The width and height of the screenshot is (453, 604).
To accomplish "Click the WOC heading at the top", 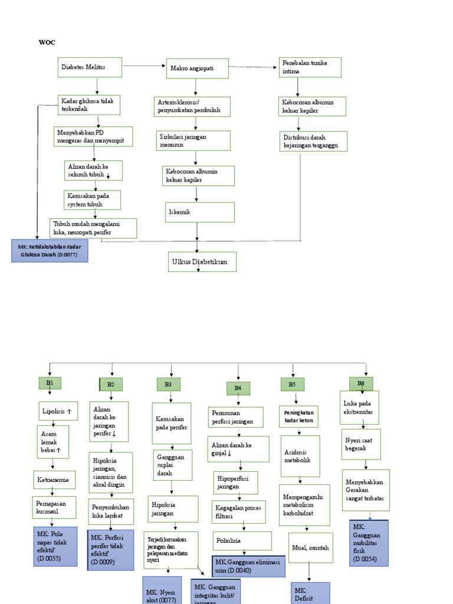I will [x=47, y=42].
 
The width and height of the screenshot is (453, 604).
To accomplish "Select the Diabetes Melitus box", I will [x=90, y=67].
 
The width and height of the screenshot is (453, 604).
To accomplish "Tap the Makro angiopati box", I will [x=197, y=68].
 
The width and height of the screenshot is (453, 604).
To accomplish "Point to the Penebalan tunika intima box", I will [x=310, y=67].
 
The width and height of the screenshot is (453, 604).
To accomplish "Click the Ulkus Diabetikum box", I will [x=202, y=262].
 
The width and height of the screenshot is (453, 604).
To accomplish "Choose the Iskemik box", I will [x=199, y=212].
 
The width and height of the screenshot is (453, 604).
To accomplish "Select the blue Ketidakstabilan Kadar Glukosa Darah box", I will [x=50, y=251].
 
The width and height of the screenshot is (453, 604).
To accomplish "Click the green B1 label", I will [x=50, y=383].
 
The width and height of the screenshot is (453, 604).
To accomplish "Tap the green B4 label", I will [x=238, y=388].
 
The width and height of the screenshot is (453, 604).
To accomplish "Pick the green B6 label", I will [x=361, y=383].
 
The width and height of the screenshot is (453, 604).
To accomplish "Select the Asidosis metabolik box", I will [x=300, y=456].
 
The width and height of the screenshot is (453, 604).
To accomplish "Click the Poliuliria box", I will [x=242, y=540].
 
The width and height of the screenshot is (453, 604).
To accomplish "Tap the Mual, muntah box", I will [x=311, y=547].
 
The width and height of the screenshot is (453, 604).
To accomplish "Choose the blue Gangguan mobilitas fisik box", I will [x=369, y=543].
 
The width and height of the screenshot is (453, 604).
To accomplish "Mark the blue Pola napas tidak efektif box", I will [x=55, y=546].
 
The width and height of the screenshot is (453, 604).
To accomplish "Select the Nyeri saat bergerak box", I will [x=361, y=444].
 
